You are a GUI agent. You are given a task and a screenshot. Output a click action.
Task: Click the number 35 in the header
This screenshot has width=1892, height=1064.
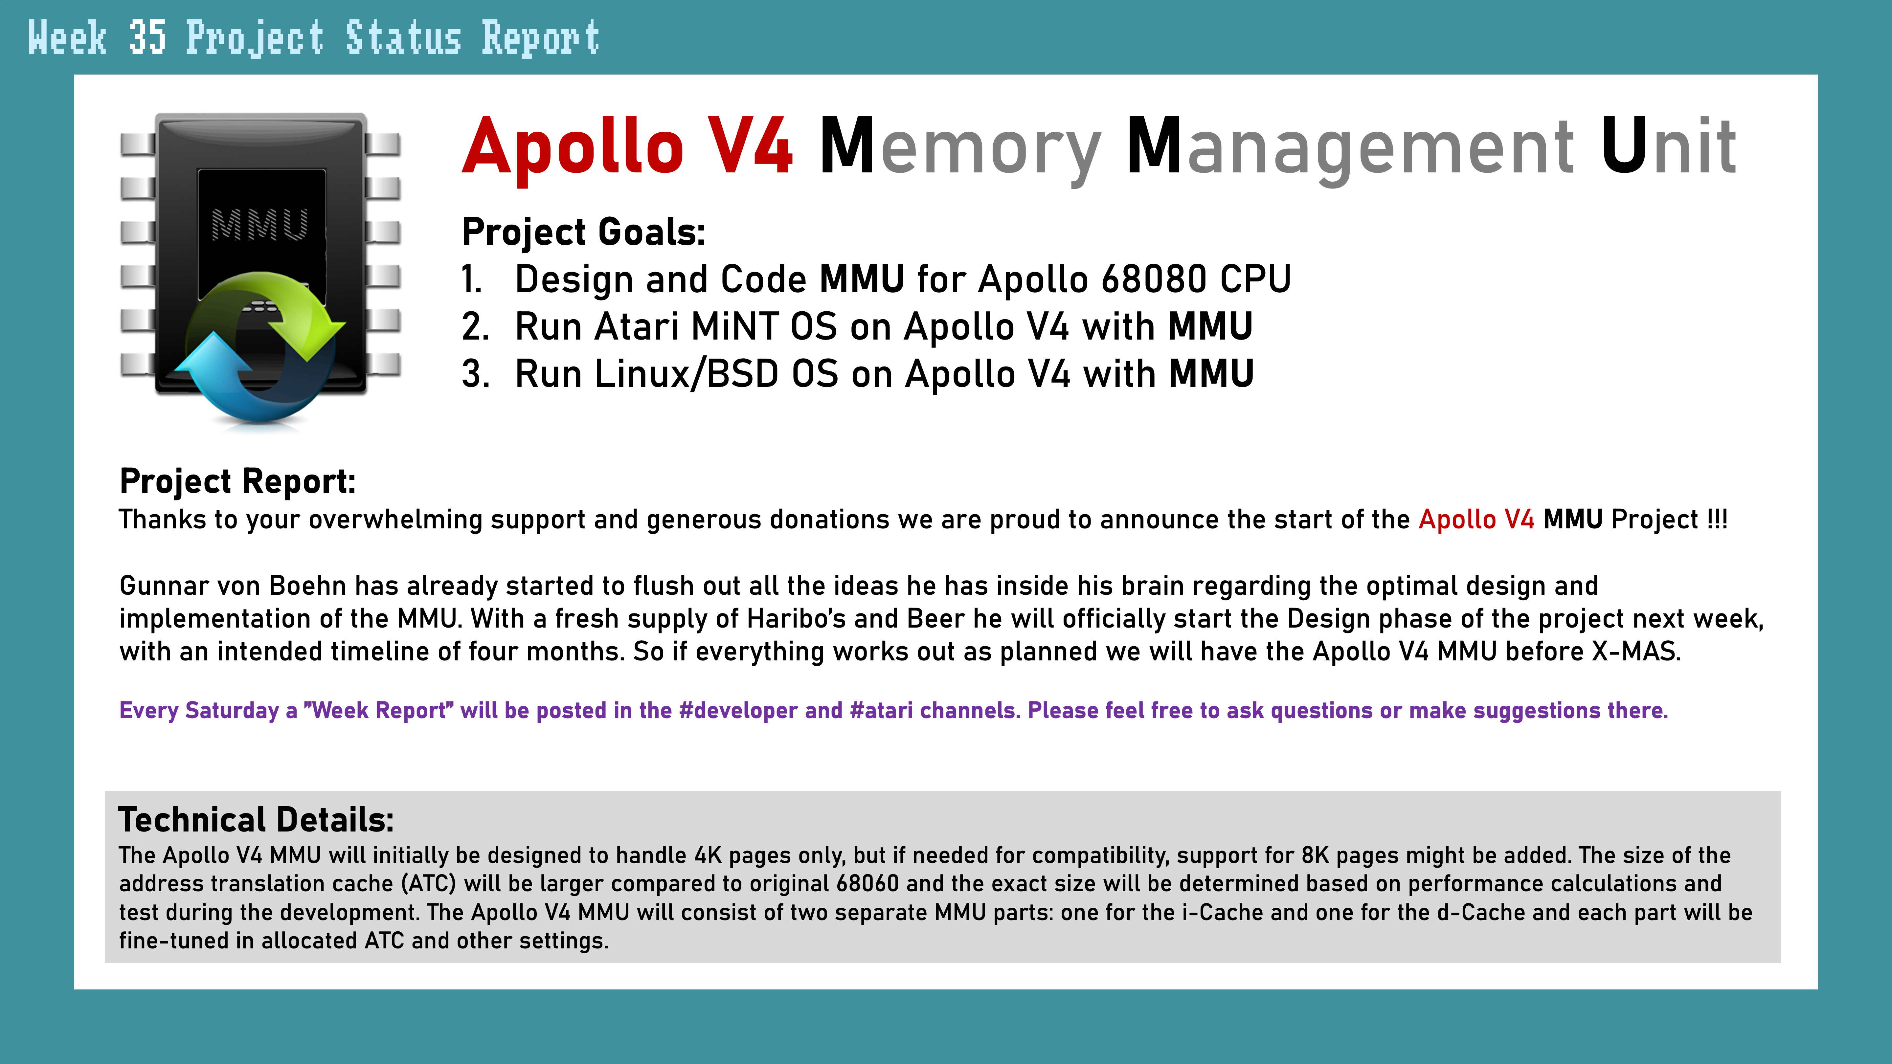coord(147,38)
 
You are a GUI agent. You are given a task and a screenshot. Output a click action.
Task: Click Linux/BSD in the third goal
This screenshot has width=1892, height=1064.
coord(687,374)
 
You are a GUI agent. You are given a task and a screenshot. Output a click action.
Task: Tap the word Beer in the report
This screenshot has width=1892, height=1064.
coord(936,619)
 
